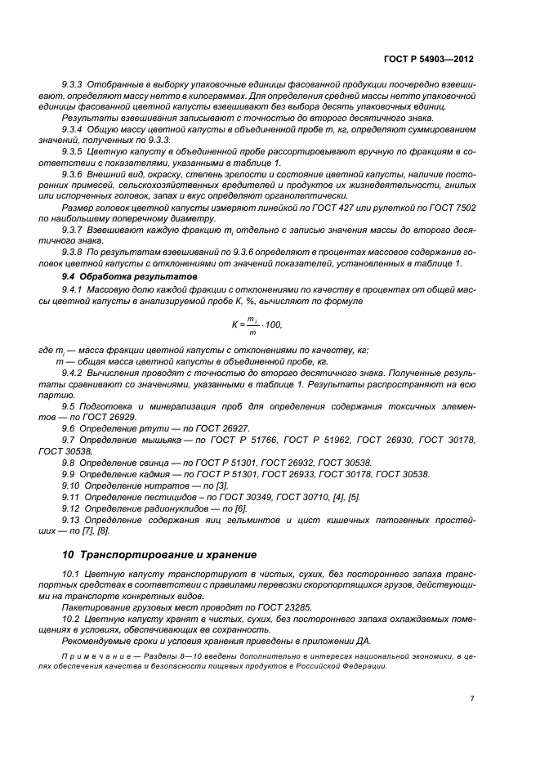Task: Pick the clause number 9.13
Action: click(x=72, y=520)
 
